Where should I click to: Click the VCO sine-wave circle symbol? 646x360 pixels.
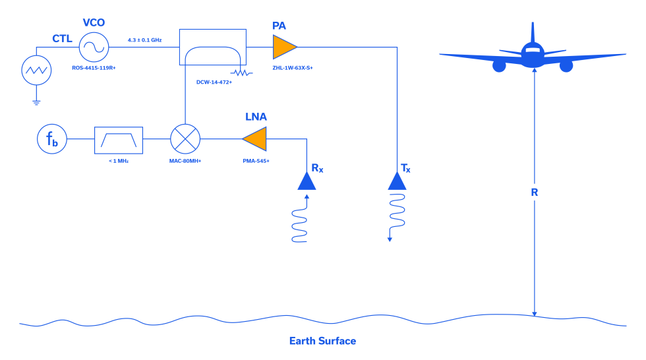94,47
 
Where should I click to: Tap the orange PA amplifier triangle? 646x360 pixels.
283,47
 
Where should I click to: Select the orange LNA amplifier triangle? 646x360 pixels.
256,138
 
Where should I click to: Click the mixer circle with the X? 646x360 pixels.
185,138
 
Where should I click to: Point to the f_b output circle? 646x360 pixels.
52,138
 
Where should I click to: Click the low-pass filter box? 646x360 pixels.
119,140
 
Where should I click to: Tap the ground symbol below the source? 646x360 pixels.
36,103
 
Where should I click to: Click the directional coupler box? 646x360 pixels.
212,47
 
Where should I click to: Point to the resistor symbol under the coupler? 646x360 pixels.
241,73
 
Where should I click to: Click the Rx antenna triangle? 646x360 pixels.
307,181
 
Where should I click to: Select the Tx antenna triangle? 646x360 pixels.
397,181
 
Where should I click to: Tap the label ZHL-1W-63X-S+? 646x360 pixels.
292,68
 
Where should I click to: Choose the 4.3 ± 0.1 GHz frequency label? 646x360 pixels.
144,40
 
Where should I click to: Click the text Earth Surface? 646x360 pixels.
322,341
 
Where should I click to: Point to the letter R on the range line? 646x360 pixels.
535,193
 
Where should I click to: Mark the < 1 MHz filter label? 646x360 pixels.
119,161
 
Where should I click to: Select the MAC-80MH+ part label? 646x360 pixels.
185,161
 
